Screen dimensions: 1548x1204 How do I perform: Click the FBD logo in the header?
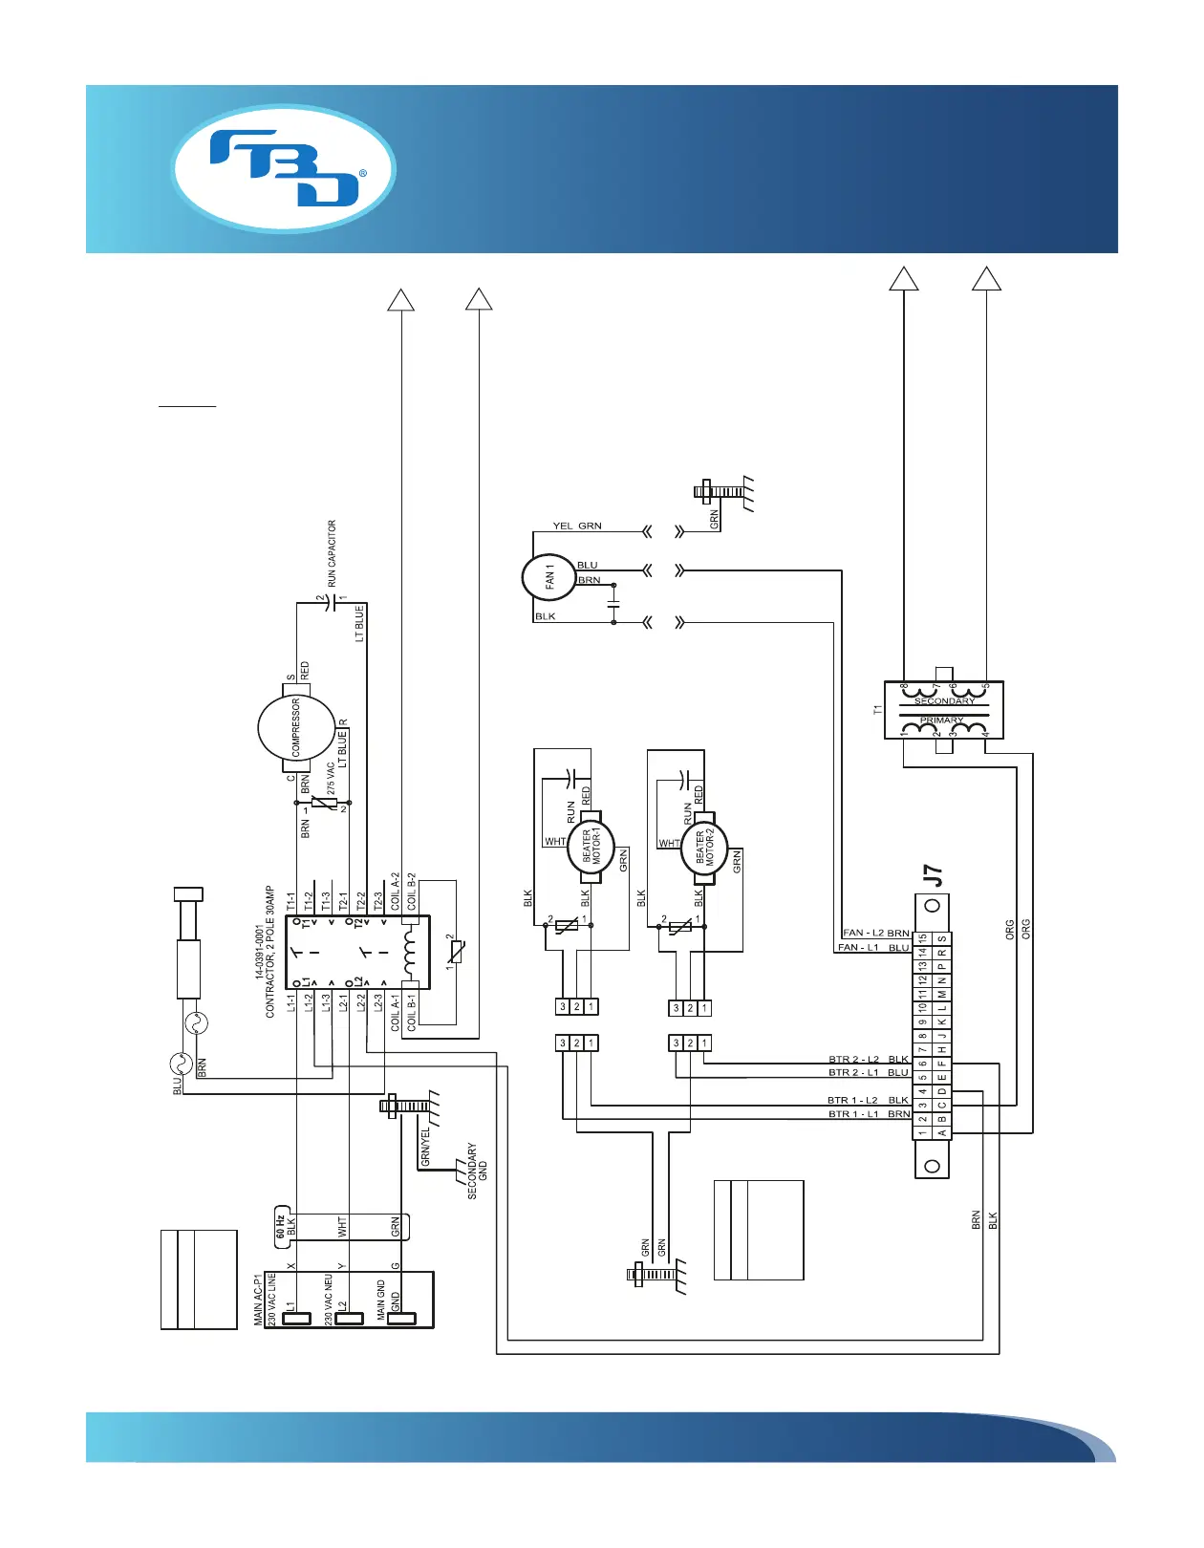284,168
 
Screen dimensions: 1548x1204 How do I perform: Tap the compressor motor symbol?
296,729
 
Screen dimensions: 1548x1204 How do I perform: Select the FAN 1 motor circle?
548,577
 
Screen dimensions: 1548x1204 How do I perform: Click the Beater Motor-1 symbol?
591,847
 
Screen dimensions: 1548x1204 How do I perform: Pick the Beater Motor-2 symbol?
704,848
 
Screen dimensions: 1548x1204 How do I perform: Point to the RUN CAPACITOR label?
332,553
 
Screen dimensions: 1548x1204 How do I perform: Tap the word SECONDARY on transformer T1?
944,701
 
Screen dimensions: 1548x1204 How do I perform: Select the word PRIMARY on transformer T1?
942,720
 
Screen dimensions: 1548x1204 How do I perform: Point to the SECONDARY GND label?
477,1171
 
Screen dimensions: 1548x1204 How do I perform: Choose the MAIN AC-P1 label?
258,1299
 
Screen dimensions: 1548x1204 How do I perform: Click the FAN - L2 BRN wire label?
875,933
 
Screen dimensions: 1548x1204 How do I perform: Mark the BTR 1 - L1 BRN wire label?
869,1114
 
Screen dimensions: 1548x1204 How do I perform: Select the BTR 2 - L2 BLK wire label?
868,1059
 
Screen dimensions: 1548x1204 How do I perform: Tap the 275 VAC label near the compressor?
331,779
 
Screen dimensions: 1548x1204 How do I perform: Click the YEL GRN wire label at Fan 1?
577,526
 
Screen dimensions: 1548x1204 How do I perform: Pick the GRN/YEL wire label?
425,1147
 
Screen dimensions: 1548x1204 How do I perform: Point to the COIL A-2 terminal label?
396,891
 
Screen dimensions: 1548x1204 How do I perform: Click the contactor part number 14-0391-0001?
259,952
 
